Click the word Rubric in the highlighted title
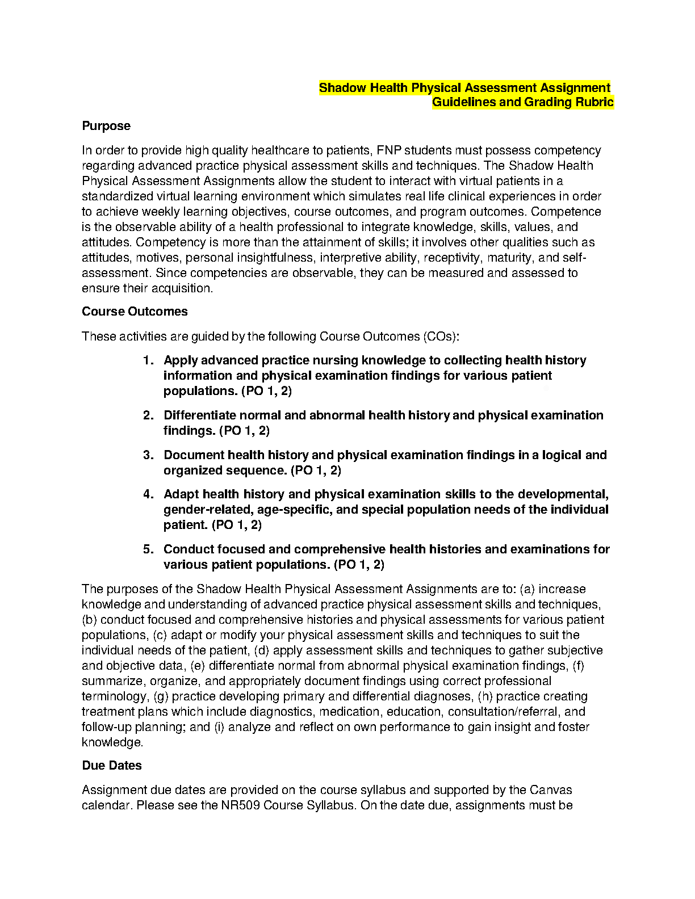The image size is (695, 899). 594,102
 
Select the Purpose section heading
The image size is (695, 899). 106,126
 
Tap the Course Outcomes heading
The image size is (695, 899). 135,312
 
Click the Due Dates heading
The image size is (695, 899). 112,766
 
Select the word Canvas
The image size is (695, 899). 550,790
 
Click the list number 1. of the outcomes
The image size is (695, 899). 148,360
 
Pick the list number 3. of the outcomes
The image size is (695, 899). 148,455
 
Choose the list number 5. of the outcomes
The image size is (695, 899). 148,549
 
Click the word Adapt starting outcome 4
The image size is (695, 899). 181,494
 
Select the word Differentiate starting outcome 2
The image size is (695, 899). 199,415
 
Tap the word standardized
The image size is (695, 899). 118,196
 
